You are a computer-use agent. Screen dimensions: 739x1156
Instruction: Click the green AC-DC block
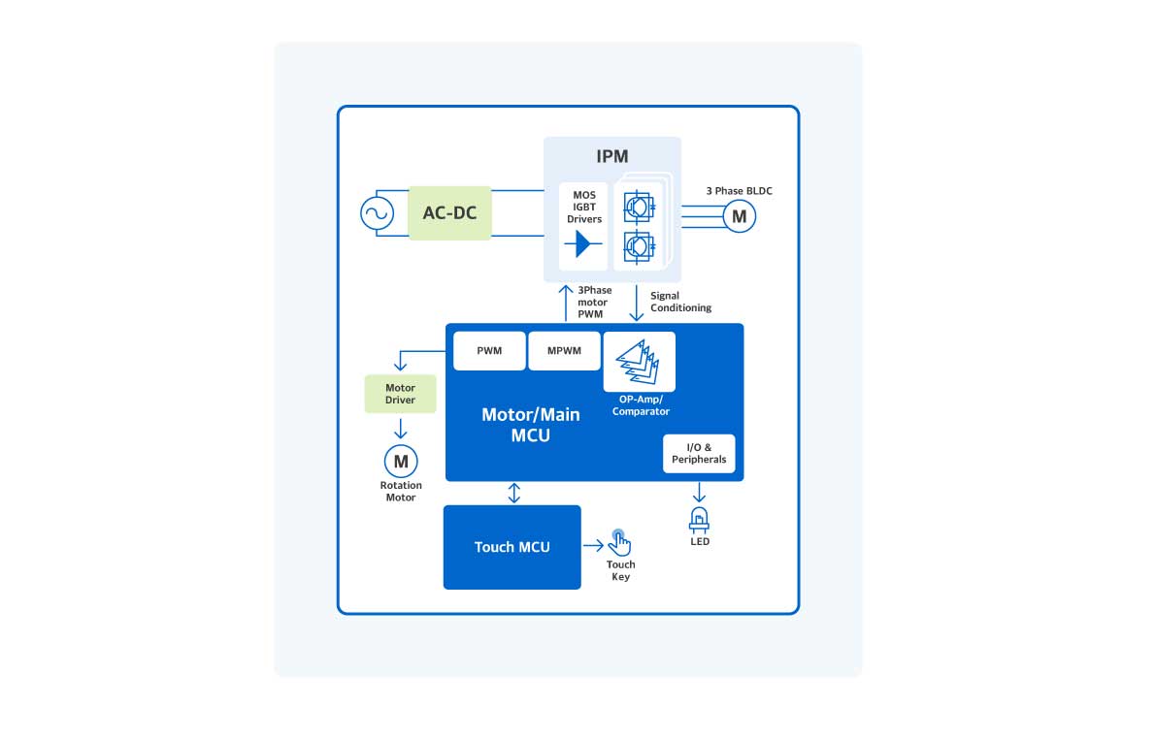pos(449,212)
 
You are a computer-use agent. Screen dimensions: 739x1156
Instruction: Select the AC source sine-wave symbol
pos(377,213)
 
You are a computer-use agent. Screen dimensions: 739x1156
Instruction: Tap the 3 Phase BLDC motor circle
pos(740,216)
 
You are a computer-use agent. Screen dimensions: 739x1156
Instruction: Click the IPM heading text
pos(611,156)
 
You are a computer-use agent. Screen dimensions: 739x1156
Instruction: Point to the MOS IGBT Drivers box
pos(583,226)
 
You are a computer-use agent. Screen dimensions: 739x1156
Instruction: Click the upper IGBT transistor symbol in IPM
pos(639,207)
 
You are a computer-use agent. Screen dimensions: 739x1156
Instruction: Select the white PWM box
pos(489,350)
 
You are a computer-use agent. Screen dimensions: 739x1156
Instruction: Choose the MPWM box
pos(564,350)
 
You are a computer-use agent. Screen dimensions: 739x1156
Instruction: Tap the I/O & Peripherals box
pos(699,453)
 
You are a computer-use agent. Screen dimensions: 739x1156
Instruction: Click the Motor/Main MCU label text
pos(531,425)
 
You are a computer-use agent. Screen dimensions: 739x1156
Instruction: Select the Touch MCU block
pos(512,547)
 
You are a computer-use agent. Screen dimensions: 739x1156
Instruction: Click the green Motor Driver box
pos(400,394)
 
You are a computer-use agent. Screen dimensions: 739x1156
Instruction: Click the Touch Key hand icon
pos(619,543)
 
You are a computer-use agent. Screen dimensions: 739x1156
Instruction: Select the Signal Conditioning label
pos(680,302)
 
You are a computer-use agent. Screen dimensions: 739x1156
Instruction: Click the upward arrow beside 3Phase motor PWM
pos(566,302)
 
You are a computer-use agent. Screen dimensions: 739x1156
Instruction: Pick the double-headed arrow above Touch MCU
pos(514,493)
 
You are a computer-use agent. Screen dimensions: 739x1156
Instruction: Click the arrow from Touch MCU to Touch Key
pos(593,546)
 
